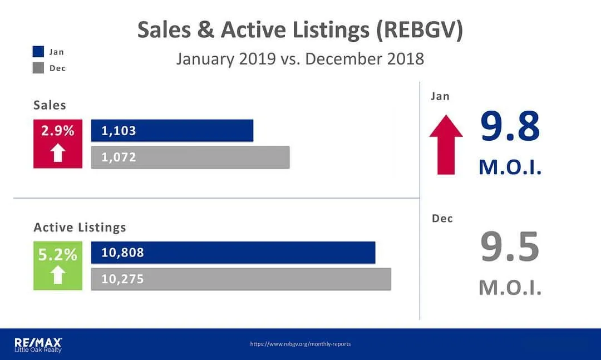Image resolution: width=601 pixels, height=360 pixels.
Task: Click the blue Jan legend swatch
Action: (x=38, y=51)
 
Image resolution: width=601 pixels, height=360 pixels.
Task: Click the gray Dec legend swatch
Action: (x=38, y=68)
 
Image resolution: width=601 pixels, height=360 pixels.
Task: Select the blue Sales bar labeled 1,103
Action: (x=172, y=130)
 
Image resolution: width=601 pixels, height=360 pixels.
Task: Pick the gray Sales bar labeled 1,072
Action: (x=190, y=157)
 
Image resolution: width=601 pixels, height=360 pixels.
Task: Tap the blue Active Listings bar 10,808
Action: (x=233, y=252)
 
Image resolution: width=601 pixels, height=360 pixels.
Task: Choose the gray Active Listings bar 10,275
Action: (x=241, y=279)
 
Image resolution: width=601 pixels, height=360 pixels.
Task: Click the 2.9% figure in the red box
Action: (x=58, y=131)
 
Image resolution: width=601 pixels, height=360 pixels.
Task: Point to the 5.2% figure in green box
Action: (x=57, y=255)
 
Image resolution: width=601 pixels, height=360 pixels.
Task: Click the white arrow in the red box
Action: (x=58, y=152)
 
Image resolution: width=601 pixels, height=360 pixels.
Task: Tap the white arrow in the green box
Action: (x=58, y=274)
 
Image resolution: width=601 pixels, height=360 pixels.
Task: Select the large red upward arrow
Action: (x=446, y=145)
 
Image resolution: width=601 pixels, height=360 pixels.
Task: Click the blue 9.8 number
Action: (x=510, y=126)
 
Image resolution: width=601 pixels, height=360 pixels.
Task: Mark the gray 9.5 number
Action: (x=510, y=246)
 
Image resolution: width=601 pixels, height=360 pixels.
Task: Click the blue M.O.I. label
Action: (x=510, y=167)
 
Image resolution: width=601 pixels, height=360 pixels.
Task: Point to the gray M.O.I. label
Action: (x=510, y=288)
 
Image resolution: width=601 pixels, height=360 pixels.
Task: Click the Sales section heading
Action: (x=50, y=105)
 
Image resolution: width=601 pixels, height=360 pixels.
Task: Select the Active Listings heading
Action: (x=80, y=228)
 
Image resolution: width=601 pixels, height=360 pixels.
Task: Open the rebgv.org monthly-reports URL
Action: (x=300, y=344)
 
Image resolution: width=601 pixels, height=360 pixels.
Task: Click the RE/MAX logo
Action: (x=38, y=344)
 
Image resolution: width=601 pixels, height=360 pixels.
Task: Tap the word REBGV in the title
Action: (x=419, y=29)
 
